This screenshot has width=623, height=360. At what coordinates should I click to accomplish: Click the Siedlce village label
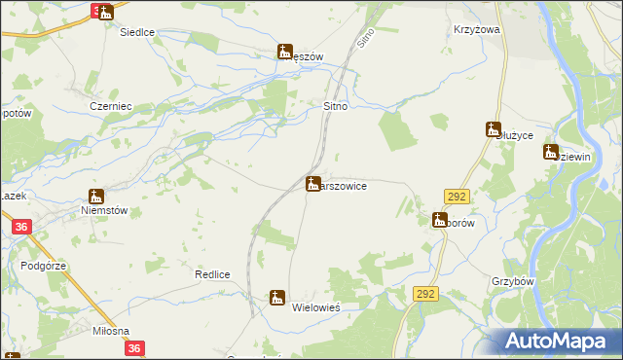coord(137,32)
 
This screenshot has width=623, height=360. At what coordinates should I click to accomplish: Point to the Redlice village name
coord(211,274)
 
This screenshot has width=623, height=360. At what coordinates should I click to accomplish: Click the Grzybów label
coord(515,280)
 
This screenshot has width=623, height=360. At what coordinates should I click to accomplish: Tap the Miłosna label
coord(110,331)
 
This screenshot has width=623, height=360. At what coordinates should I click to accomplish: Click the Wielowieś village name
coord(315,306)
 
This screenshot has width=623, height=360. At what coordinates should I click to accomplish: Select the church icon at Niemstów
coord(95,196)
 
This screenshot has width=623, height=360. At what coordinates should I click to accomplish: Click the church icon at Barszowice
coord(313,183)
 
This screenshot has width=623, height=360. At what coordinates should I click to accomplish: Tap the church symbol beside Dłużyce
coord(494,128)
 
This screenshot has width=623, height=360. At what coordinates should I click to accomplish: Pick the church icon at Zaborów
coord(439,220)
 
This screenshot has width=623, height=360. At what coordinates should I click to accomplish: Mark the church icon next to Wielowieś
coord(277,298)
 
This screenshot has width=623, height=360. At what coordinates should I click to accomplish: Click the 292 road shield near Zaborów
coord(458,197)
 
